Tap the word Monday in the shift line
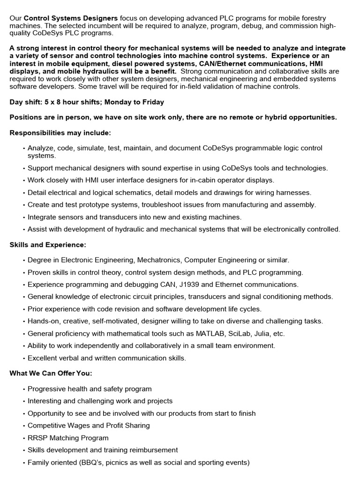115,102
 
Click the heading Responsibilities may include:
60,133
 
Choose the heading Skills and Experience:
48,244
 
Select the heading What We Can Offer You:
51,373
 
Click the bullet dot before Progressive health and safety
23,389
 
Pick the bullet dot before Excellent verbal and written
23,358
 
